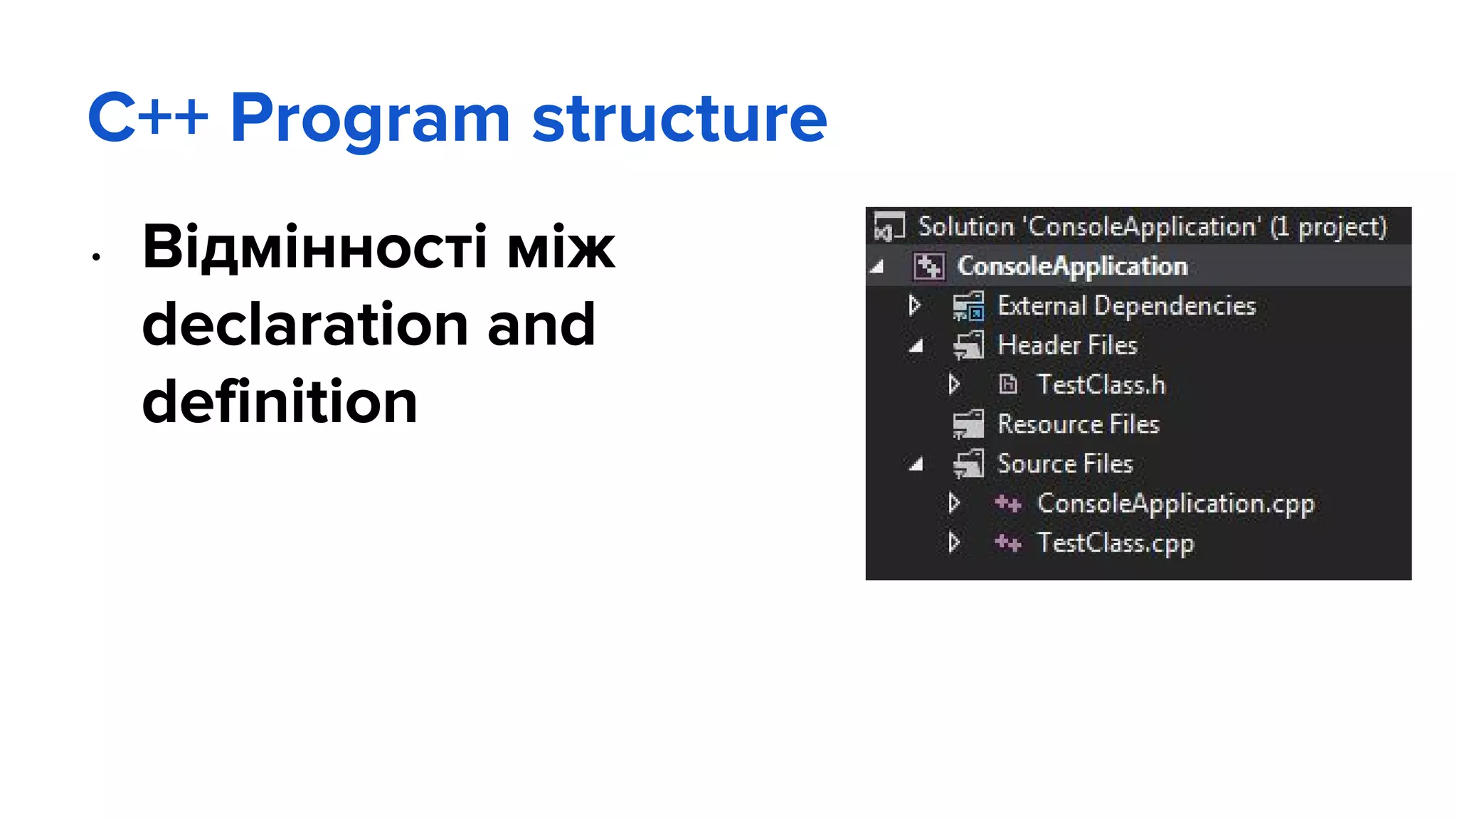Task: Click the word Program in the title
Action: coord(370,119)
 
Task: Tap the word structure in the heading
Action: coord(679,119)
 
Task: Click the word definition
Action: coord(280,401)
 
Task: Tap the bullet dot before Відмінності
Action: coord(96,257)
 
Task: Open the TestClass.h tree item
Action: coord(1101,384)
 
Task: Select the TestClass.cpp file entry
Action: coord(1115,543)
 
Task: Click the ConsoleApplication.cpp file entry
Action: coord(1175,503)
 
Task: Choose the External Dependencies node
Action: coord(1126,306)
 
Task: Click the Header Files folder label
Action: coord(1067,345)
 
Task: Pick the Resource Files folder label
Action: coord(1078,424)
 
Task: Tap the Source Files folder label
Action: coord(1064,464)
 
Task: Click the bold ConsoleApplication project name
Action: coord(1072,266)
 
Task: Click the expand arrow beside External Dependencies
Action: coord(915,306)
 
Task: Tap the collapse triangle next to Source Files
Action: coord(916,465)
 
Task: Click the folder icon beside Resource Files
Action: coord(968,424)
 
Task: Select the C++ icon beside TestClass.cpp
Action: coord(1007,543)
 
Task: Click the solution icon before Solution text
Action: coord(889,226)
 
